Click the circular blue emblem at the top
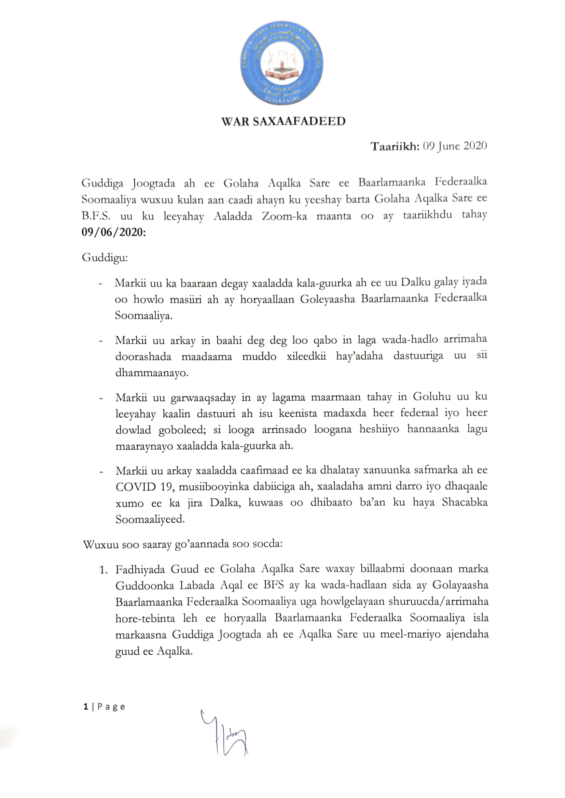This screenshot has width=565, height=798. [281, 63]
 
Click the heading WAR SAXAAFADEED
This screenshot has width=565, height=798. [283, 121]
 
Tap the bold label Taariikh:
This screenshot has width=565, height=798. [395, 146]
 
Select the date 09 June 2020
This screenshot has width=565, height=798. [454, 146]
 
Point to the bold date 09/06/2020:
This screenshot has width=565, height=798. [113, 232]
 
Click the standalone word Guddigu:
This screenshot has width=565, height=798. [105, 258]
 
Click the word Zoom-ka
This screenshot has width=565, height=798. [284, 216]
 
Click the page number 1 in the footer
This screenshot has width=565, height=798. [86, 707]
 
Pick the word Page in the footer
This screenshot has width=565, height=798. [111, 707]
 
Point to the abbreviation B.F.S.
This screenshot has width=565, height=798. [96, 216]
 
